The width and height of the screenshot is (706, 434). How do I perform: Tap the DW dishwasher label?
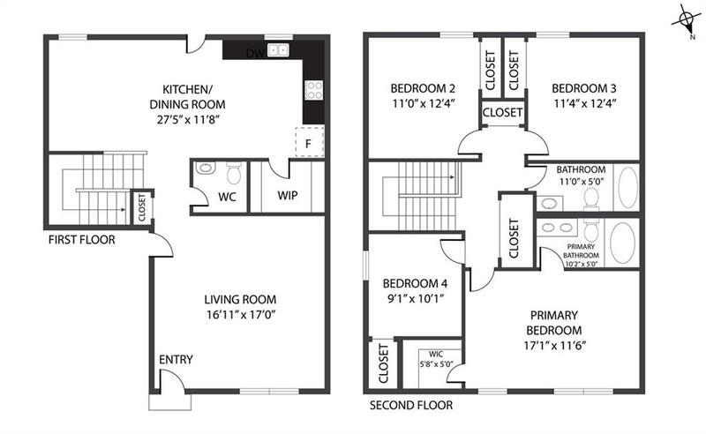(x=254, y=53)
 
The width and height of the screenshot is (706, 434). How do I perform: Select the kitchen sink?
(x=279, y=51)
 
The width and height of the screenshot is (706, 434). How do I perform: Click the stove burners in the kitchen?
(x=313, y=88)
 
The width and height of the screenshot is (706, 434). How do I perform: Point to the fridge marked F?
(x=308, y=140)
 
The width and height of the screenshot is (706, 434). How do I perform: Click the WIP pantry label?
(x=287, y=195)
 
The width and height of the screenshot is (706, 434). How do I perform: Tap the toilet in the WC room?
(x=234, y=170)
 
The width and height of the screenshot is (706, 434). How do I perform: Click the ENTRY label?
(x=176, y=360)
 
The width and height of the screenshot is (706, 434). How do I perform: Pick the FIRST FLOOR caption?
(x=82, y=239)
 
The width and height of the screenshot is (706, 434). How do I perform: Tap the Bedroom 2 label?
(x=423, y=88)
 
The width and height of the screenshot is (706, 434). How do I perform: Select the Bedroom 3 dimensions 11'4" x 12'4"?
(x=583, y=103)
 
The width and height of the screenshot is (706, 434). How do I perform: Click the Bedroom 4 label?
(x=414, y=284)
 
